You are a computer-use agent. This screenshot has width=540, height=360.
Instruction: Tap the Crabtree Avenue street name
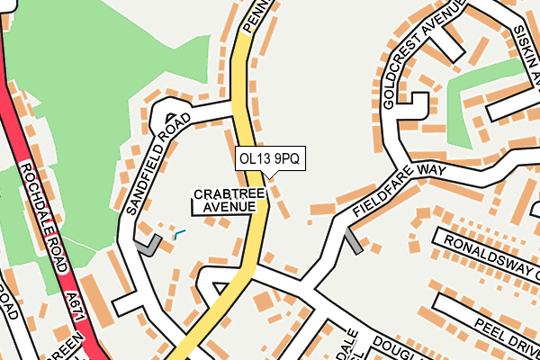coord(229,201)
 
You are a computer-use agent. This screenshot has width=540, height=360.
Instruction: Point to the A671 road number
coord(76,299)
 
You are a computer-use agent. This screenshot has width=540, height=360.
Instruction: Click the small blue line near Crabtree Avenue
coord(179,234)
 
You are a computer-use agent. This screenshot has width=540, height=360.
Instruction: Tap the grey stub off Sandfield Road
coord(148,244)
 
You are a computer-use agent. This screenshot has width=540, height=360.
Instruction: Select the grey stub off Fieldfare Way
coord(353,240)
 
